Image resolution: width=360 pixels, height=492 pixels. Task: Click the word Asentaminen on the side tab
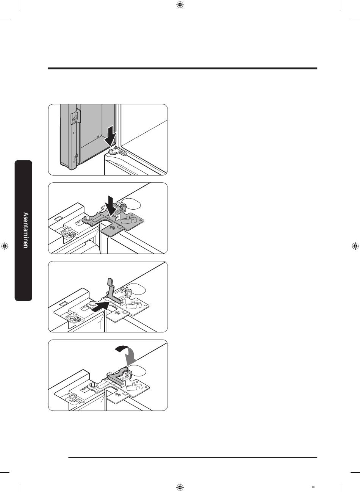26,230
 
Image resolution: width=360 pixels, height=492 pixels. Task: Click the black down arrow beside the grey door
111,136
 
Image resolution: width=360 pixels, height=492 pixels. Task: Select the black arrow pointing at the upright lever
100,306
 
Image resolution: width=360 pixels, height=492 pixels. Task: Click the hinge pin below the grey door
112,151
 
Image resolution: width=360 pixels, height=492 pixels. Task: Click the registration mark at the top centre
180,5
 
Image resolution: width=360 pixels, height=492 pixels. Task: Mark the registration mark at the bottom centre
180,487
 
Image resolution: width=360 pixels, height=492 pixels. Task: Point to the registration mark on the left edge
5,246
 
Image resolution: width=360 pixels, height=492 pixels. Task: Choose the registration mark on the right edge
355,246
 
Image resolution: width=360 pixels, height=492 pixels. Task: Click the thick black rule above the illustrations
183,69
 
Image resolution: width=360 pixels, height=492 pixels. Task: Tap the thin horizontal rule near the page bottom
193,458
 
